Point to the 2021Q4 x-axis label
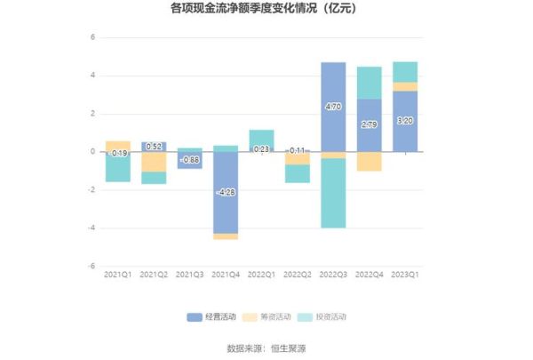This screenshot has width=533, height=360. [x=226, y=276]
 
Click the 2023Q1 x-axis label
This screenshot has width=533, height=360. [x=406, y=276]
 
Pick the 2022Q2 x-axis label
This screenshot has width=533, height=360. [x=298, y=276]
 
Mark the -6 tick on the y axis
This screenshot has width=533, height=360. [x=91, y=266]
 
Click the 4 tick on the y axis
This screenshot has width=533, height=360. [x=91, y=76]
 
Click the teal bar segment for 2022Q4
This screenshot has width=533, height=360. [x=370, y=83]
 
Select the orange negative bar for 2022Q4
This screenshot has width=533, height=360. [x=370, y=161]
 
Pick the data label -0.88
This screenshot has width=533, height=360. [x=189, y=160]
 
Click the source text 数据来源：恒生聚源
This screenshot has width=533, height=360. [x=266, y=348]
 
